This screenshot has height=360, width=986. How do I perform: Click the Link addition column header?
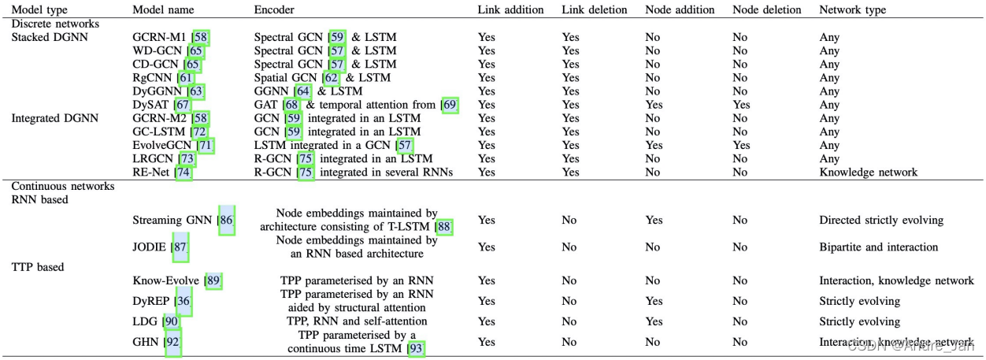tap(510, 10)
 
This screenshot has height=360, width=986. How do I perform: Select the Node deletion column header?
tap(766, 10)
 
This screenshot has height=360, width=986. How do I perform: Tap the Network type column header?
tap(852, 10)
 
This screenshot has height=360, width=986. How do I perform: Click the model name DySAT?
tap(150, 105)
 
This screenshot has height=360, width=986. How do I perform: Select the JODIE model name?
tap(150, 247)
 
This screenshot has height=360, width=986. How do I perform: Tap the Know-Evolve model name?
tap(165, 281)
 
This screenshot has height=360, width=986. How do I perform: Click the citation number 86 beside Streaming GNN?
tap(227, 221)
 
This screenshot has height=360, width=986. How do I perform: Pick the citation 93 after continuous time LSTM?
tap(417, 348)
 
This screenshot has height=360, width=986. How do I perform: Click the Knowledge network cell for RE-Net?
tap(868, 173)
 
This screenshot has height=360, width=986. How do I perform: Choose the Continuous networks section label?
tap(62, 187)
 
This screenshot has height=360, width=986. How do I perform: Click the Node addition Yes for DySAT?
tap(654, 105)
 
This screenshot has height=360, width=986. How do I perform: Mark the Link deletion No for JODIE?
tap(569, 247)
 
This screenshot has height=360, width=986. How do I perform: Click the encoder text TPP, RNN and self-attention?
tap(357, 321)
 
